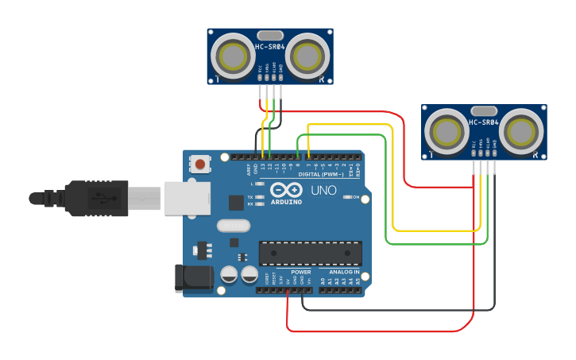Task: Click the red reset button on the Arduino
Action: point(199,165)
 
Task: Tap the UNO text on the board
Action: point(323,191)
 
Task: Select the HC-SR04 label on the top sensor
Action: point(269,47)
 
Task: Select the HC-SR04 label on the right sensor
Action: point(483,122)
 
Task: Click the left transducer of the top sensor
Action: point(233,56)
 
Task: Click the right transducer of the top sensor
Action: point(307,56)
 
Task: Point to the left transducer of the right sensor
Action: point(446,130)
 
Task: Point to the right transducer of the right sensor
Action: point(521,130)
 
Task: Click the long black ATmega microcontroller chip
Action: point(310,253)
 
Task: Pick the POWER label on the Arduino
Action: point(301,272)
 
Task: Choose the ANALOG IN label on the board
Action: point(346,272)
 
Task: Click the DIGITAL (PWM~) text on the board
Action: point(327,174)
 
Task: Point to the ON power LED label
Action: point(355,197)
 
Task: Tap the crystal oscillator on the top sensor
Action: point(269,35)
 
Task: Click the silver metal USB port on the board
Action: point(187,198)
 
